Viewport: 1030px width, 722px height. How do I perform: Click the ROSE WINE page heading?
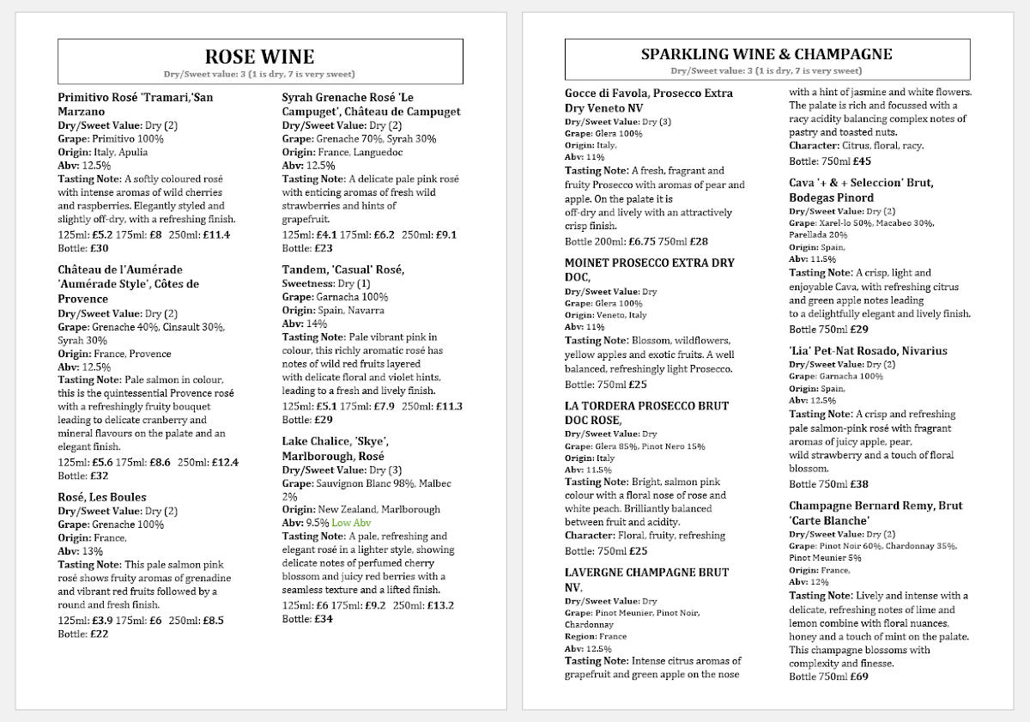pyautogui.click(x=259, y=57)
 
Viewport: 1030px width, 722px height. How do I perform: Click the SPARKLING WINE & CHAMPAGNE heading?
pyautogui.click(x=766, y=54)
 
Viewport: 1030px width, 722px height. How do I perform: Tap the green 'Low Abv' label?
pyautogui.click(x=351, y=523)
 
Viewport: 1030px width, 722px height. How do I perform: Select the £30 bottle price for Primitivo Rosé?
pyautogui.click(x=100, y=248)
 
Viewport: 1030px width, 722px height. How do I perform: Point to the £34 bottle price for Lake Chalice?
pyautogui.click(x=324, y=619)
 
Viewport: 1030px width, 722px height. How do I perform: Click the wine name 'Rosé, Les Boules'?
pyautogui.click(x=102, y=497)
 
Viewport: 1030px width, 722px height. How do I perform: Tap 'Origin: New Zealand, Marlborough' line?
pyautogui.click(x=360, y=509)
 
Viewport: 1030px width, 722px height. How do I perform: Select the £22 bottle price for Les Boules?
pyautogui.click(x=100, y=634)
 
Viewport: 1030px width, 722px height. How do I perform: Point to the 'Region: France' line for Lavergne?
pyautogui.click(x=596, y=637)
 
